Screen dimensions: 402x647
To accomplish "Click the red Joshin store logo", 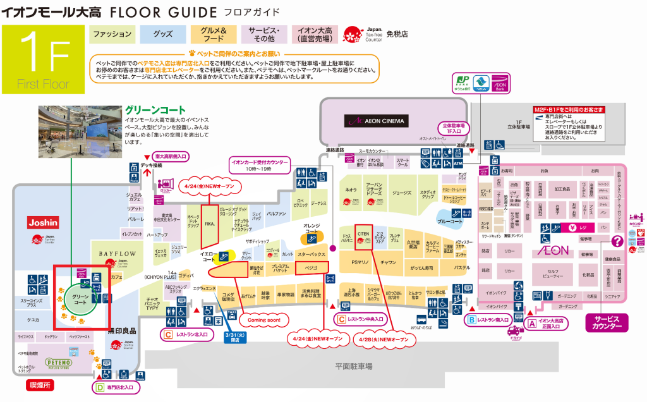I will pos(43,222).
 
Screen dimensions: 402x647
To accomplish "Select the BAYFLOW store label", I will pos(118,253).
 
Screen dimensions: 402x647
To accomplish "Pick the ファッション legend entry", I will pos(112,34).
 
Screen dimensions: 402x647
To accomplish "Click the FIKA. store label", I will pos(209,223).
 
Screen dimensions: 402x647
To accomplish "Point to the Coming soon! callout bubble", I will pos(263,320).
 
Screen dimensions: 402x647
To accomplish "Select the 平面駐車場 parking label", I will pos(353,366).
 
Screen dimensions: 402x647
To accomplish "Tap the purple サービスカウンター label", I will pos(607,323).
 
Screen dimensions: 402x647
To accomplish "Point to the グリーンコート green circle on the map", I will pos(80,299).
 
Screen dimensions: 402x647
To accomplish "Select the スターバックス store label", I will pos(311,254).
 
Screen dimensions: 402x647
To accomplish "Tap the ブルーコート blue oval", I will pos(450,221).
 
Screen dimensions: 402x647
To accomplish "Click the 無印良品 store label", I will pos(122,330).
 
